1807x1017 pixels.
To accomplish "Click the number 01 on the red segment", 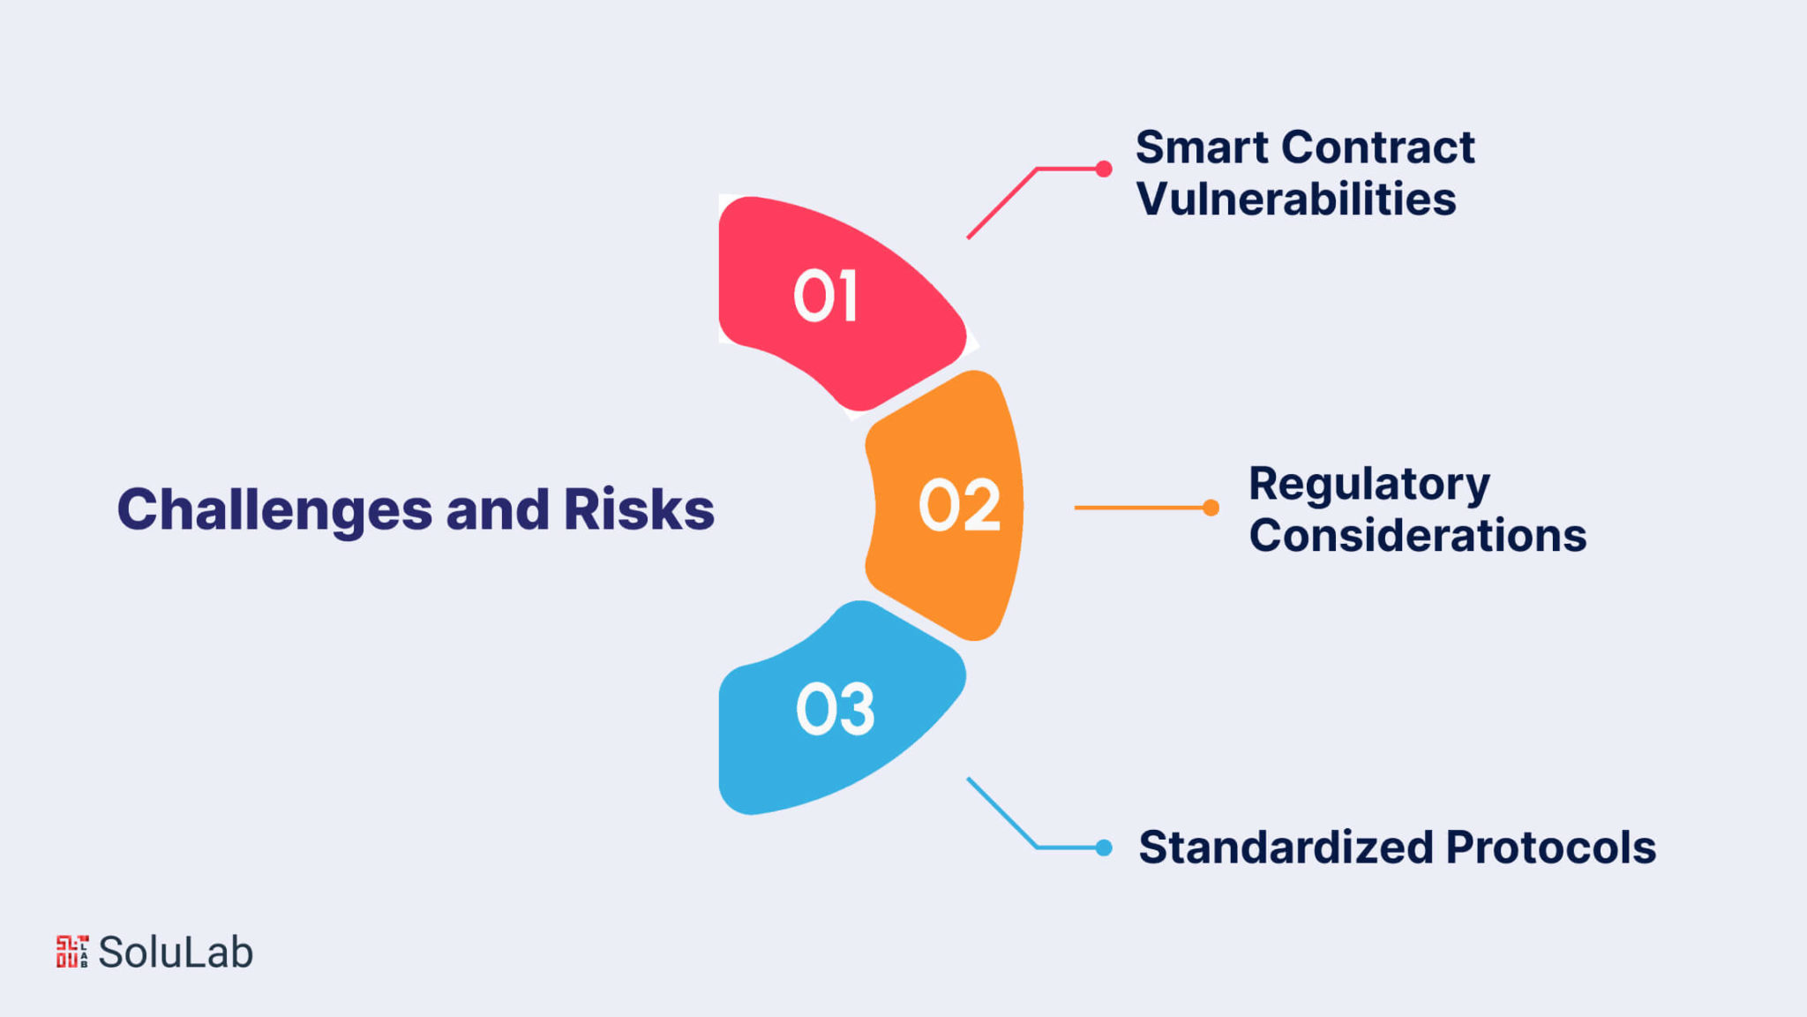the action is [x=825, y=296].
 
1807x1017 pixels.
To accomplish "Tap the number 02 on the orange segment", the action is [x=960, y=506].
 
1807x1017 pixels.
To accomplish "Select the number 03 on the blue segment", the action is [x=836, y=709].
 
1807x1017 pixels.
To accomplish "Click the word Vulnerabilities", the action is [x=1296, y=199].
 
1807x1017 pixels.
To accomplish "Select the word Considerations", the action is [x=1418, y=536].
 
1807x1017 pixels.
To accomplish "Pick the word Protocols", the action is [x=1551, y=847].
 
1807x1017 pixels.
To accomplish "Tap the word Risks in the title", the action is [x=639, y=509].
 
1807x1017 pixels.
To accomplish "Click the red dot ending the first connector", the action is [x=1103, y=169].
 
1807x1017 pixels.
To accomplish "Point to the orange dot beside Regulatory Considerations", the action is [x=1211, y=508].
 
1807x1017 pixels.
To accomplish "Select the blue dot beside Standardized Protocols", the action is [x=1103, y=847].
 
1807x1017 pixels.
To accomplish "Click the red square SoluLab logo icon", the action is [x=72, y=952].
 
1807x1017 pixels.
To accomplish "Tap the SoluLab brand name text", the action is [x=176, y=952].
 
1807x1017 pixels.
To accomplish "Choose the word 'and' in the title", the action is [x=498, y=509].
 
